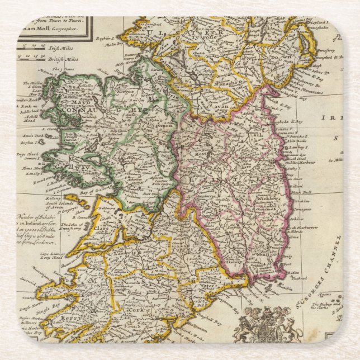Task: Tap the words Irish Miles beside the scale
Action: coord(58,49)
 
